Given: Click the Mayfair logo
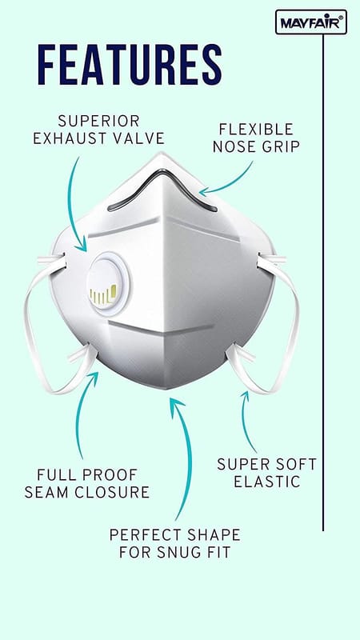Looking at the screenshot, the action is pos(311,22).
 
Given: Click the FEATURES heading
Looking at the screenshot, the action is pos(130,65).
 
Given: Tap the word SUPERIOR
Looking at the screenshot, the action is pos(98,121).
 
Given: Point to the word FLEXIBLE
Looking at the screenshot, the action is pos(256,129).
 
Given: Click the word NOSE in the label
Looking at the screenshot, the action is pos(234,146).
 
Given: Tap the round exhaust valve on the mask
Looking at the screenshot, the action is pos(109,283).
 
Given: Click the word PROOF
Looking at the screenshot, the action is pos(111,475).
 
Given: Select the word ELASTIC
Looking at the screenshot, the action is pos(267,482).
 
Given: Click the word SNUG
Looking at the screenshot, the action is pos(172,552).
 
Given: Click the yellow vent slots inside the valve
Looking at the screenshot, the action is pos(103,295).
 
